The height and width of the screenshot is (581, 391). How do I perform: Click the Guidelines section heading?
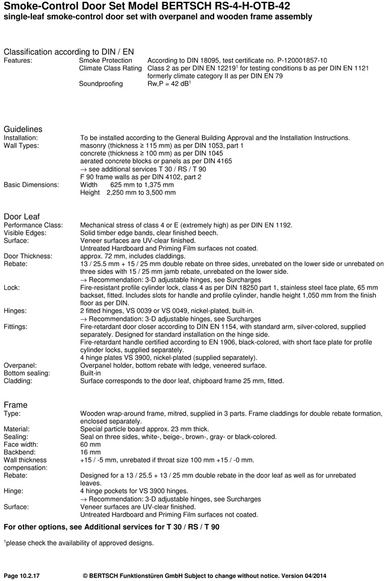pos(23,129)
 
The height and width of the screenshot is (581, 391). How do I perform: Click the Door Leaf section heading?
pos(22,216)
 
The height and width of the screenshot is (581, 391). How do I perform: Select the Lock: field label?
pos(12,288)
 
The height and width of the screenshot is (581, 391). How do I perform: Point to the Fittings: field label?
pos(16,326)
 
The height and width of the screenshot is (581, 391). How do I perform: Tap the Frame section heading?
pos(16,405)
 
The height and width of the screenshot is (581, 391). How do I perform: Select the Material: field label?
pos(18,429)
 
